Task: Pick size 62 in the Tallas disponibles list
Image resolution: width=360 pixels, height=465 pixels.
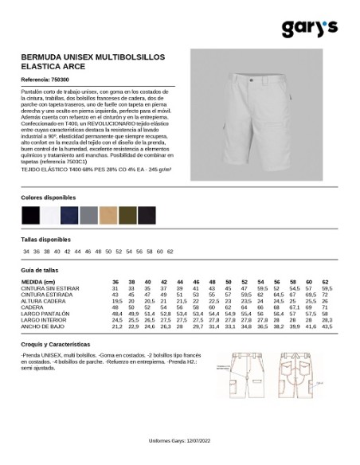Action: point(170,252)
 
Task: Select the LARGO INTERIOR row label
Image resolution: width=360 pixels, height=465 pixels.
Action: point(41,320)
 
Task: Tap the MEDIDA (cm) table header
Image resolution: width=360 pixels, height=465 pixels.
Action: point(39,283)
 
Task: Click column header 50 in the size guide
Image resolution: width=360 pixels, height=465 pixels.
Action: point(229,283)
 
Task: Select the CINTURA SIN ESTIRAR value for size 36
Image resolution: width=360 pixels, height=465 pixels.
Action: point(116,289)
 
